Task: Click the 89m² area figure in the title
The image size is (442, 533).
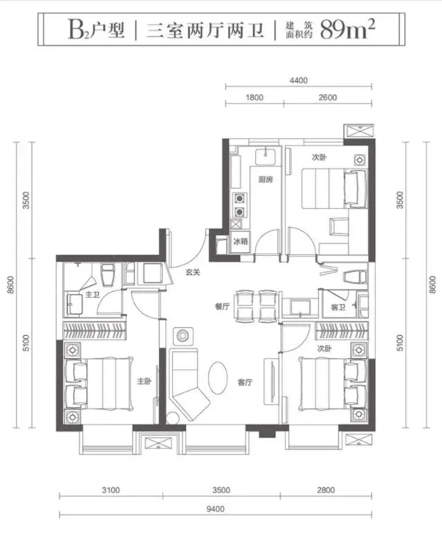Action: tap(347, 29)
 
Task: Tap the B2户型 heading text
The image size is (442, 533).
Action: tap(96, 30)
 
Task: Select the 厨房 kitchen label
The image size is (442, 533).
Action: tap(266, 180)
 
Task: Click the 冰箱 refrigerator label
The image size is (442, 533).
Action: tap(241, 241)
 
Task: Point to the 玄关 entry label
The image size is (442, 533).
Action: tap(192, 272)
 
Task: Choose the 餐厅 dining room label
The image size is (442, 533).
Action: tap(222, 306)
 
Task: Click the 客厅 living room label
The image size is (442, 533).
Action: tap(245, 382)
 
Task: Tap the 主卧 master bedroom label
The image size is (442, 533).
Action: tap(144, 382)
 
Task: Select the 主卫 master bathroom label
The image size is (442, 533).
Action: tap(92, 294)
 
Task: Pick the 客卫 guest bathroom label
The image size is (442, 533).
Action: tap(338, 308)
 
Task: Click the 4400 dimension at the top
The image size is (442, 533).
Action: tap(299, 81)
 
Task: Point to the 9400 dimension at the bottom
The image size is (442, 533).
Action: tap(215, 509)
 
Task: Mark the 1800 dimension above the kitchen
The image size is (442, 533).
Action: tap(255, 97)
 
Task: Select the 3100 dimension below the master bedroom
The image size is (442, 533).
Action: tap(111, 490)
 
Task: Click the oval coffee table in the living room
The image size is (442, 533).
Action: tap(217, 377)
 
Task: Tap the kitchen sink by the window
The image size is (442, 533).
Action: tap(266, 156)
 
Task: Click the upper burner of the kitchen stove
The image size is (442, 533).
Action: tap(239, 198)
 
